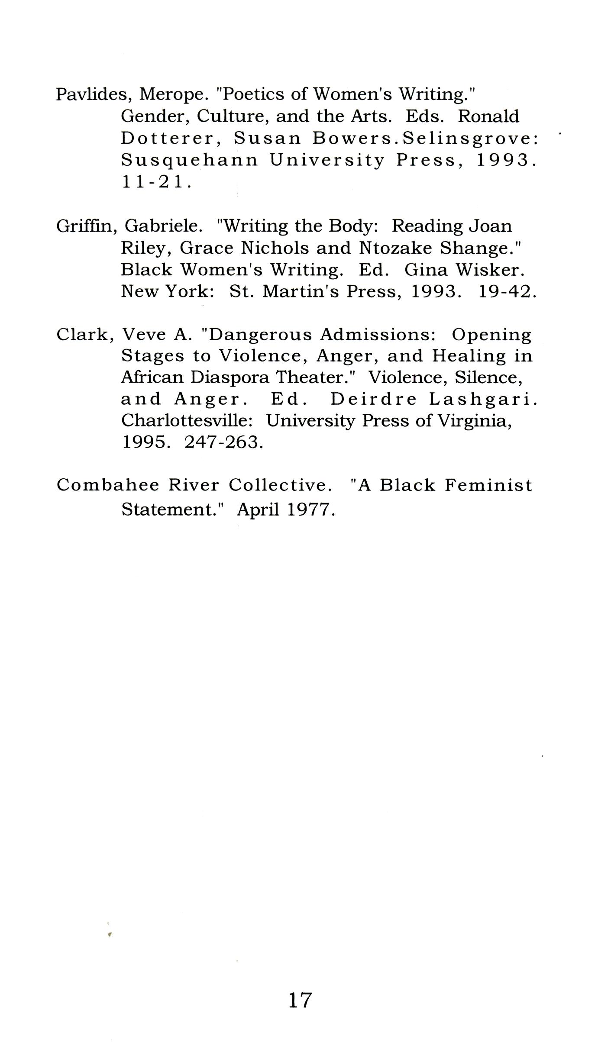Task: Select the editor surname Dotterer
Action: click(167, 138)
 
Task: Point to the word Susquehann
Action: click(189, 160)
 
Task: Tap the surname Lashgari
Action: click(483, 399)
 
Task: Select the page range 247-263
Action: click(223, 442)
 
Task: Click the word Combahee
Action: click(108, 485)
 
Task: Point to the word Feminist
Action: click(488, 485)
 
